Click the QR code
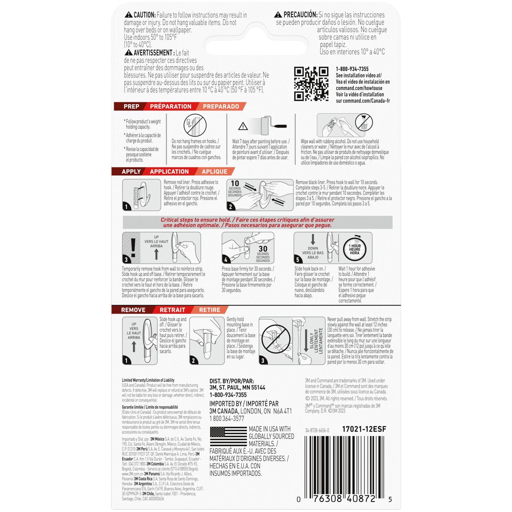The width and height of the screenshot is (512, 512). tap(311, 84)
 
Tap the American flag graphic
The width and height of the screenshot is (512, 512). tap(228, 436)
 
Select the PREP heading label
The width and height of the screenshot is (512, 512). tap(131, 106)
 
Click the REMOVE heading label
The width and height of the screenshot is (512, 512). tap(133, 310)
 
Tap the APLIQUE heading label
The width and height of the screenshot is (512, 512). tap(214, 172)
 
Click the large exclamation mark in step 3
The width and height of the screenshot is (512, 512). tap(133, 248)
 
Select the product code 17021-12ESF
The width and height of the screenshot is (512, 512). tap(364, 429)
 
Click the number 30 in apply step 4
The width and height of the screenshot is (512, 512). tap(263, 249)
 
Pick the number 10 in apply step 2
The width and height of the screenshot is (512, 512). tap(235, 183)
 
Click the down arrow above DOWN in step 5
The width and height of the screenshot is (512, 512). tap(313, 239)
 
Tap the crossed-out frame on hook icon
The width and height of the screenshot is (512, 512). tap(195, 125)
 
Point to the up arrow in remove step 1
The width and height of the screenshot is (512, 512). tap(134, 347)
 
